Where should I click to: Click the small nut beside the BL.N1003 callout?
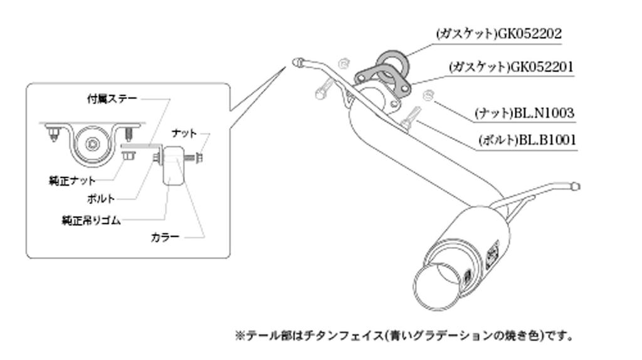tap(428, 95)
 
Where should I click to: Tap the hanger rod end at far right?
tap(576, 186)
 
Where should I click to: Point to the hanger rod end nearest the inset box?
tap(297, 61)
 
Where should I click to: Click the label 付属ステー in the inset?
tap(111, 98)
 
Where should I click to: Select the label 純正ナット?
tap(72, 181)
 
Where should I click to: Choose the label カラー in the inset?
tap(165, 237)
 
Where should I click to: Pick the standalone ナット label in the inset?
tap(184, 133)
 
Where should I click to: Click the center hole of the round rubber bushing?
tap(93, 144)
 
